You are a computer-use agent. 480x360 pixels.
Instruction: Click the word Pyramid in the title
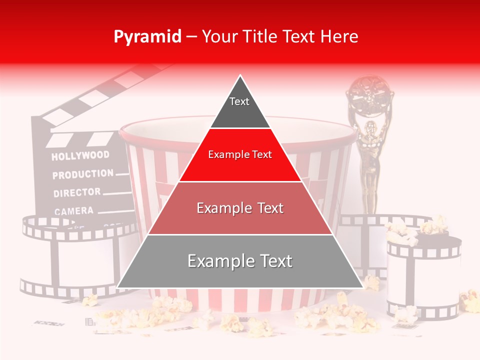pyautogui.click(x=147, y=36)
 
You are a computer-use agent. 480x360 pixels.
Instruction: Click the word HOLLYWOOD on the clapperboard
pyautogui.click(x=80, y=155)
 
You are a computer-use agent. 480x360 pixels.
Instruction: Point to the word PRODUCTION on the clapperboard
pyautogui.click(x=83, y=174)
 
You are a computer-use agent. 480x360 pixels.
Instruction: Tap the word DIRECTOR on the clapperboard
pyautogui.click(x=77, y=192)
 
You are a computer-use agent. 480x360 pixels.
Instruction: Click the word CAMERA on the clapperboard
pyautogui.click(x=73, y=211)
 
